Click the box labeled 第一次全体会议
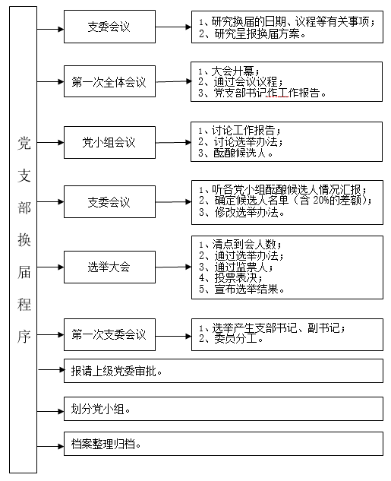tap(109, 81)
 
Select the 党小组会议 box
tap(109, 142)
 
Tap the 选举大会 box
tap(109, 267)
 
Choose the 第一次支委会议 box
tap(109, 334)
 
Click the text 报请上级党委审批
tap(116, 371)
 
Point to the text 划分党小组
tap(100, 409)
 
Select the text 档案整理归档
tap(106, 444)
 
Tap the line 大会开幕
tap(229, 71)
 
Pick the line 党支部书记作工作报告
tap(262, 93)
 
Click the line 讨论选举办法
tap(241, 142)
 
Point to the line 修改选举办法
tap(241, 212)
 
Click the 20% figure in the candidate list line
tap(321, 201)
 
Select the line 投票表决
tap(231, 277)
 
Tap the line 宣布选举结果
tap(241, 289)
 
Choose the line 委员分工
tap(231, 339)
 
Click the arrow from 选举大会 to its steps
tap(173, 267)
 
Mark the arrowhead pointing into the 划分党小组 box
tap(61, 411)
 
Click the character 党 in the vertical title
tap(24, 143)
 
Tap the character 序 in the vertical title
tap(24, 337)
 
